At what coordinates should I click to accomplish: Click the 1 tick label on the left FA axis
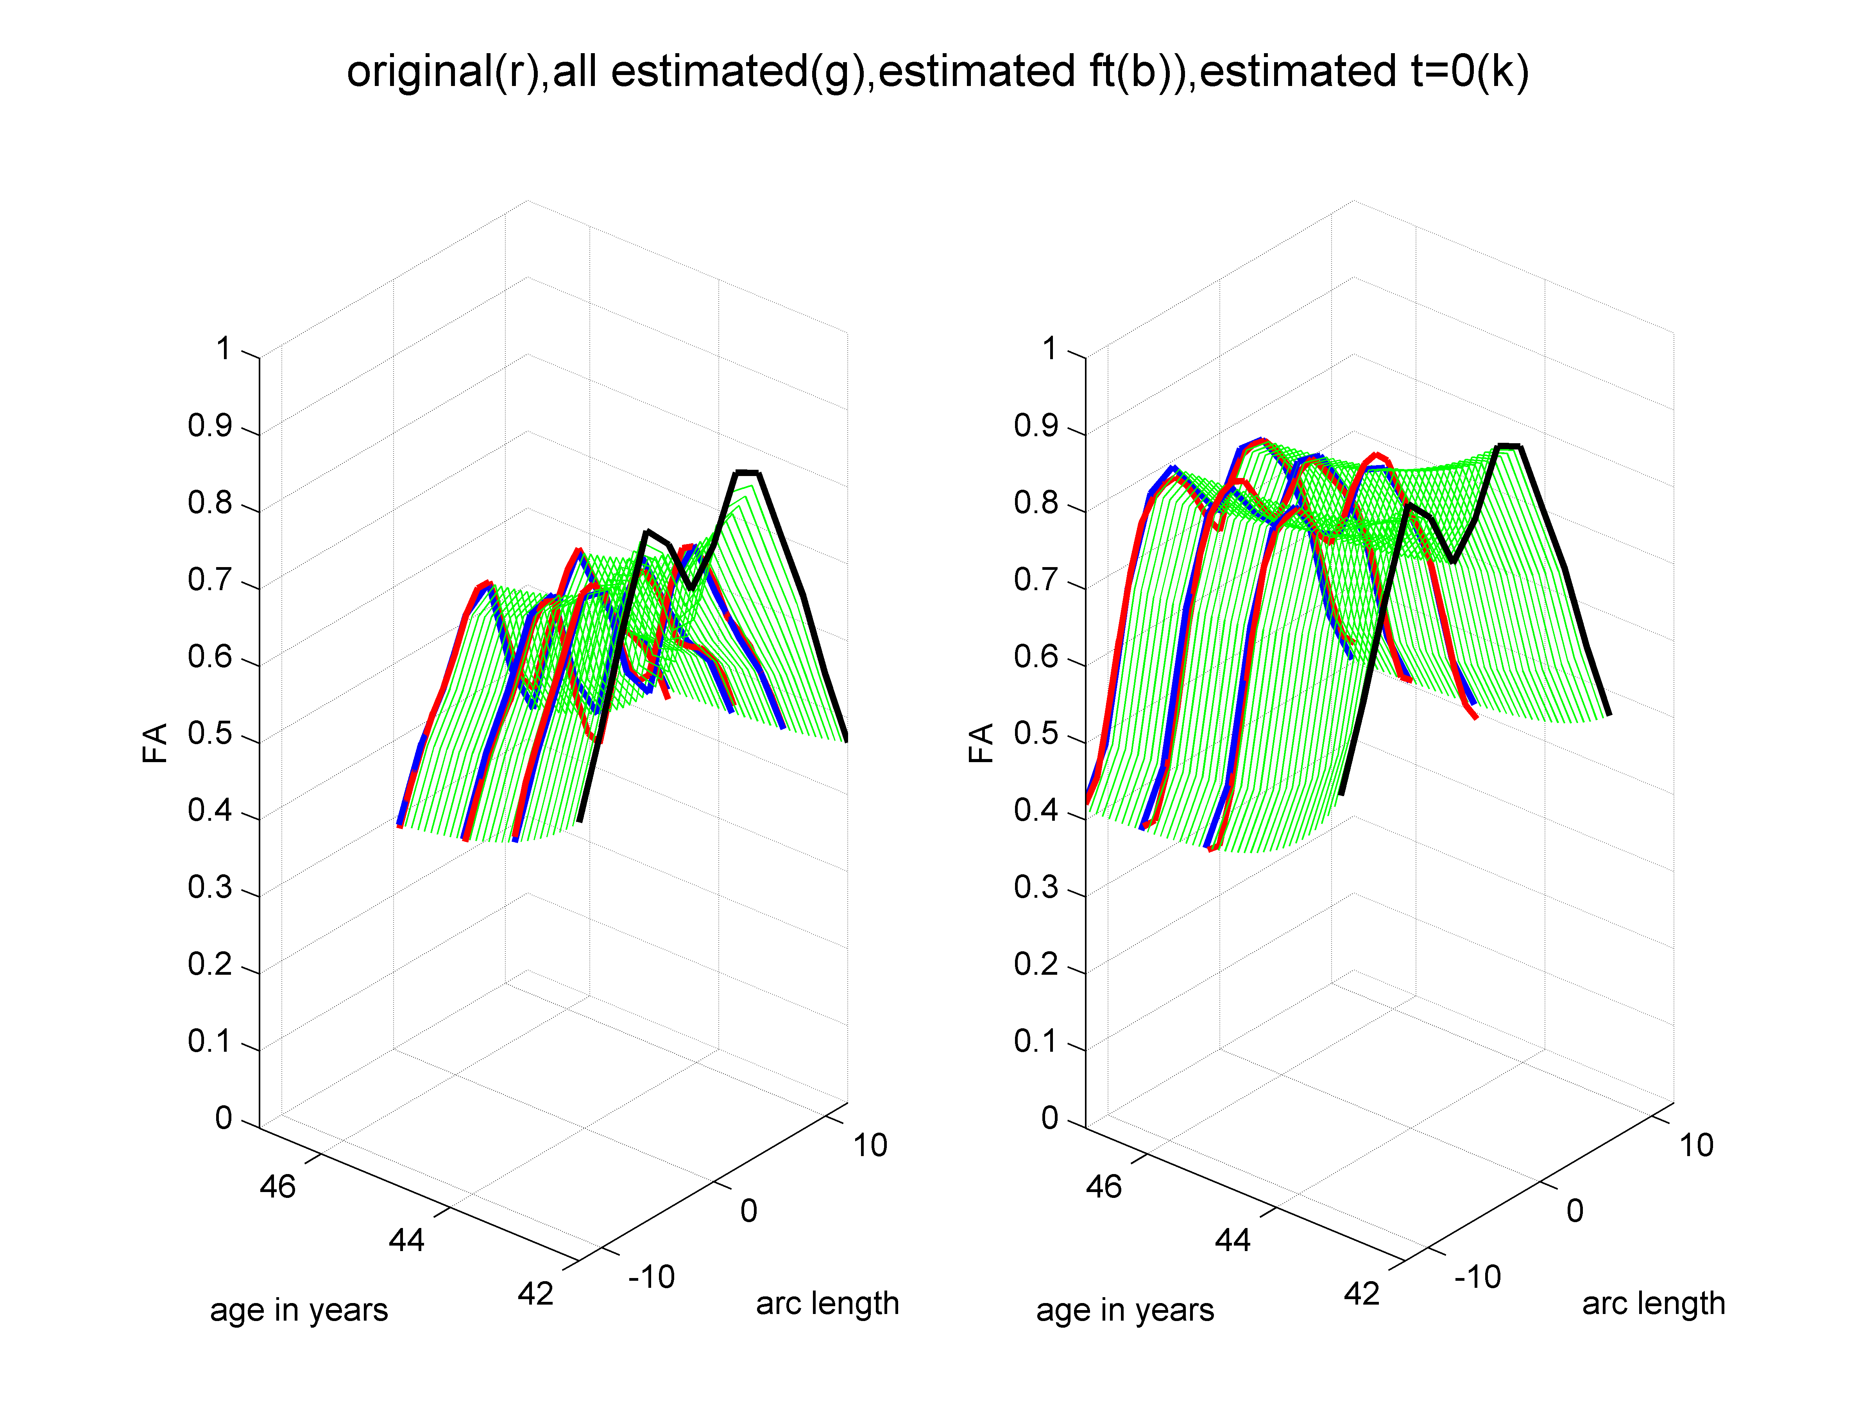(x=223, y=349)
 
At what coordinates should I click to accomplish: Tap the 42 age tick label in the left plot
(x=535, y=1293)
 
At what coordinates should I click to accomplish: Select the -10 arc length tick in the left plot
(x=652, y=1276)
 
